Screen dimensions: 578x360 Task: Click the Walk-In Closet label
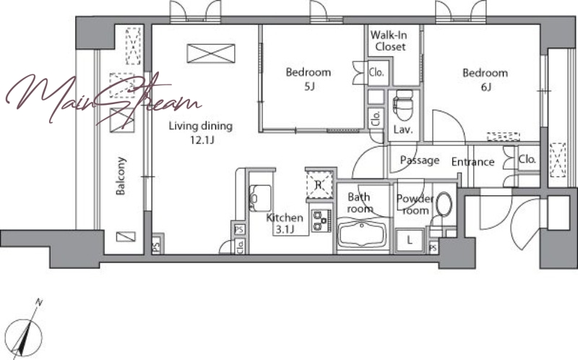[389, 40]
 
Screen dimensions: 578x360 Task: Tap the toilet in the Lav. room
[403, 105]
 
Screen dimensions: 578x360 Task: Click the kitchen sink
[260, 197]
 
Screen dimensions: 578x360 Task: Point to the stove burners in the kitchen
[321, 220]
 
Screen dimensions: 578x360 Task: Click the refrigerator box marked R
[319, 185]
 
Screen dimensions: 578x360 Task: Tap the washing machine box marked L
[410, 241]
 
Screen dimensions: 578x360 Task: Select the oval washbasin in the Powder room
[444, 204]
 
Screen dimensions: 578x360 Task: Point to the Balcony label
[121, 176]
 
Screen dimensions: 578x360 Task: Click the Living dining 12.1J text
[201, 133]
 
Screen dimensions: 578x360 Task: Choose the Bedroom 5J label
[309, 79]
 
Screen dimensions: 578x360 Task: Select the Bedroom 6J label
[485, 80]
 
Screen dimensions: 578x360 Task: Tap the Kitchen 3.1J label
[285, 223]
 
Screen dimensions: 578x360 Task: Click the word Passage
[420, 160]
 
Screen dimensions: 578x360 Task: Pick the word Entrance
[473, 161]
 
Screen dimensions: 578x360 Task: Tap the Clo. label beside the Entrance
[527, 159]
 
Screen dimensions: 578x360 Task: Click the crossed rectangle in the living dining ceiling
[211, 53]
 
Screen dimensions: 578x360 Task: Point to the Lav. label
[403, 129]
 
